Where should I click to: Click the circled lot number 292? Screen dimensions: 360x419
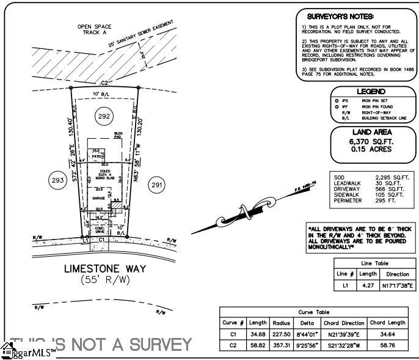click(x=104, y=116)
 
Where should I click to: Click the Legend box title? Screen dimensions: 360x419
click(x=371, y=92)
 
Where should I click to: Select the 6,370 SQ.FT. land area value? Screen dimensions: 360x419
click(x=370, y=141)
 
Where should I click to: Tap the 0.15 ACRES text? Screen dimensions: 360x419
click(x=370, y=149)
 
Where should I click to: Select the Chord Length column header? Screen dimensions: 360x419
click(x=387, y=322)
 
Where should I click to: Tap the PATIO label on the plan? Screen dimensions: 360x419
click(x=97, y=157)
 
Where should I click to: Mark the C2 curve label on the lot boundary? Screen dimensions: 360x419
click(x=104, y=83)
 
